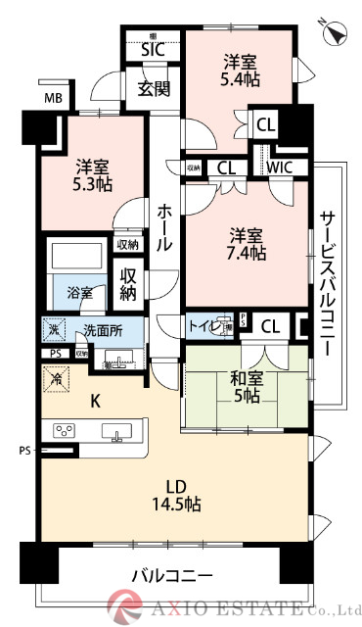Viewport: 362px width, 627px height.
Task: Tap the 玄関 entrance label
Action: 154,90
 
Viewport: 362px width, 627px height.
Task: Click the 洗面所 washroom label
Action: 102,330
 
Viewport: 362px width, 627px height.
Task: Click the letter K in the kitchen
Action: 96,399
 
